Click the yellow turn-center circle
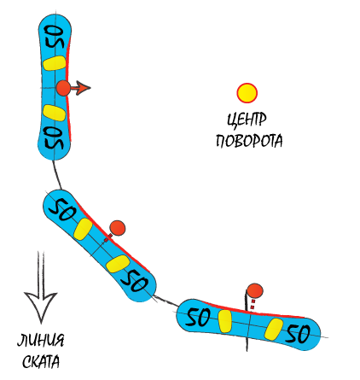click(x=247, y=93)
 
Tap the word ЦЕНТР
click(x=247, y=120)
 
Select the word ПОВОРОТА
click(x=249, y=140)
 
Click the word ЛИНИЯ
click(x=41, y=340)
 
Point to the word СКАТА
click(x=41, y=361)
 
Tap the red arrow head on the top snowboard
click(x=83, y=88)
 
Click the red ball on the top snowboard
click(x=63, y=88)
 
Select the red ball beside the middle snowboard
click(x=118, y=228)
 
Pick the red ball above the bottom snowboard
click(x=254, y=291)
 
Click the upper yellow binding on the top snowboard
click(x=55, y=63)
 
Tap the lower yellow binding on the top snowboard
click(x=54, y=113)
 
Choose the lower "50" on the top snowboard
click(x=54, y=138)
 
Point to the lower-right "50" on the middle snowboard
click(x=135, y=281)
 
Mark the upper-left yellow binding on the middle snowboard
click(x=83, y=229)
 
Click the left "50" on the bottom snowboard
click(x=198, y=316)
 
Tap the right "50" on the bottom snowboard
click(x=298, y=333)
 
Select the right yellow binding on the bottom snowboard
click(x=274, y=329)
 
